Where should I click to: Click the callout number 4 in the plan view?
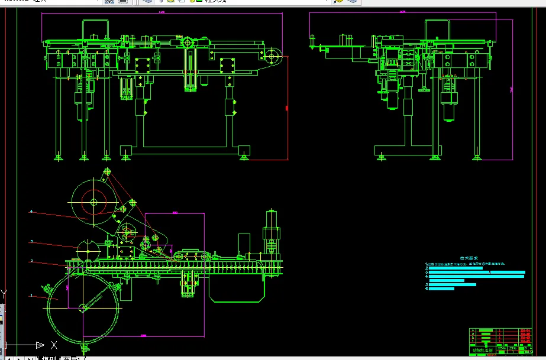point(31,210)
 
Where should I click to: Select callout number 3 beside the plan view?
point(31,241)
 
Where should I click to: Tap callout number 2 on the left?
point(31,261)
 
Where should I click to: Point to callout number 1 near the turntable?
point(31,294)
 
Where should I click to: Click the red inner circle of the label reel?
point(93,202)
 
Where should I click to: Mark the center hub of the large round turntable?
point(82,307)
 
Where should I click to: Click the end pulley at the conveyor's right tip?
point(273,57)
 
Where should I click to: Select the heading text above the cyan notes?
point(468,258)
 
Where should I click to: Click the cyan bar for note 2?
point(455,268)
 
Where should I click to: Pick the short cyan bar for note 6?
point(441,289)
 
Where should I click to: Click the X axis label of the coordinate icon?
point(54,344)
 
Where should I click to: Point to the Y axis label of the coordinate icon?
point(4,294)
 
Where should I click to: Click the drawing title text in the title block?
point(482,350)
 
